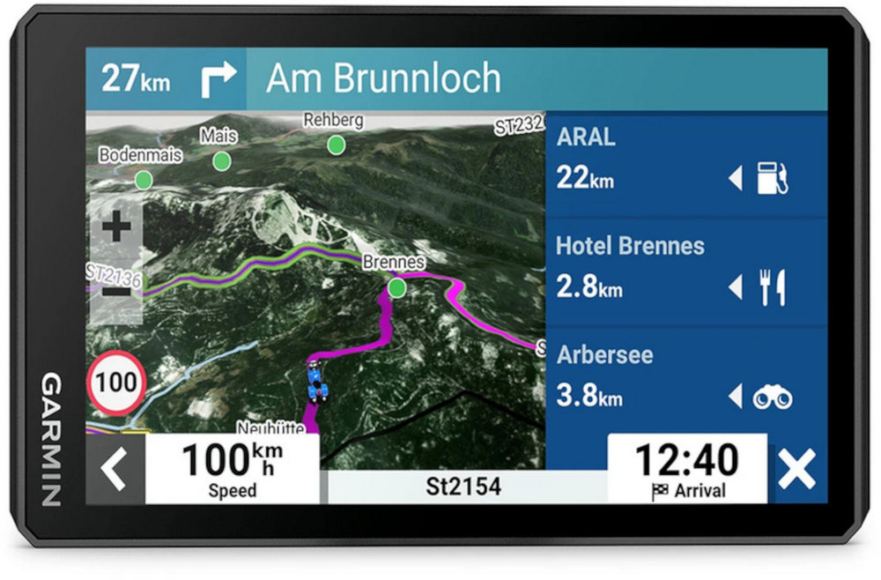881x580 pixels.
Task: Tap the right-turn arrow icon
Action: [216, 80]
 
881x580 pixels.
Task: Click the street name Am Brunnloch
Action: [383, 79]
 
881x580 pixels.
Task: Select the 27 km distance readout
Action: [136, 79]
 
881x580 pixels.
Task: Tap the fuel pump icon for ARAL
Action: [772, 180]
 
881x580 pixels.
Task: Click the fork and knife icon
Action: [772, 288]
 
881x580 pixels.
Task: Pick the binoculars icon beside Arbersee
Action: [772, 398]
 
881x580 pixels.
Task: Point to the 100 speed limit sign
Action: [116, 382]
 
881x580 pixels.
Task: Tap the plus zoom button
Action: [116, 228]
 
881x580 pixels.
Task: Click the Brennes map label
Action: [394, 262]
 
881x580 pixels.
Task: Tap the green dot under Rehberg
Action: [336, 145]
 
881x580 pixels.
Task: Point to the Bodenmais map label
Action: [141, 155]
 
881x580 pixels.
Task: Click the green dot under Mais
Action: [222, 161]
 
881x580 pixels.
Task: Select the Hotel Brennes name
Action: [630, 246]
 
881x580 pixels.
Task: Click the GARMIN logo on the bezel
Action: [51, 440]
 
